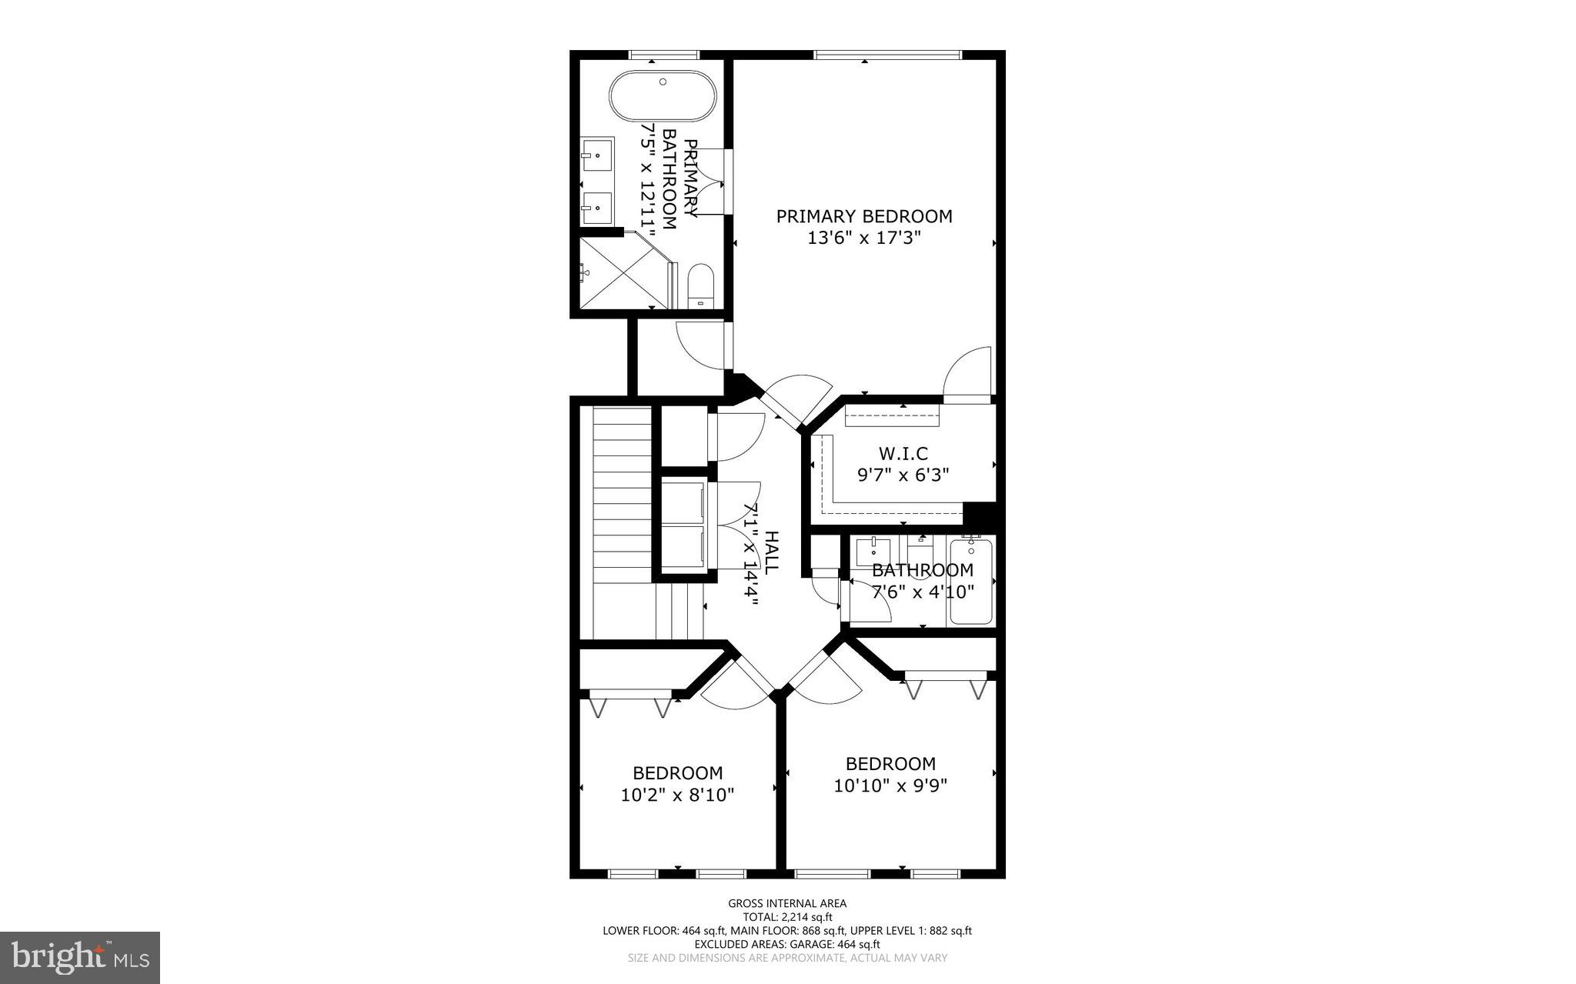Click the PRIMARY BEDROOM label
pyautogui.click(x=863, y=216)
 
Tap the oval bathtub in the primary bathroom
pyautogui.click(x=663, y=97)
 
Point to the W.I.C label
pyautogui.click(x=903, y=454)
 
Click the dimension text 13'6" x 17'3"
pyautogui.click(x=863, y=238)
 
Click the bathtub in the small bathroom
pyautogui.click(x=970, y=582)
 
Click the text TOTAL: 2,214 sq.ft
pyautogui.click(x=787, y=917)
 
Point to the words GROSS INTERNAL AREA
pyautogui.click(x=787, y=903)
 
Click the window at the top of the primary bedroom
pyautogui.click(x=887, y=55)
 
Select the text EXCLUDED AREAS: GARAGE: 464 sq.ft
pyautogui.click(x=787, y=944)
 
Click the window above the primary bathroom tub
pyautogui.click(x=664, y=55)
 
